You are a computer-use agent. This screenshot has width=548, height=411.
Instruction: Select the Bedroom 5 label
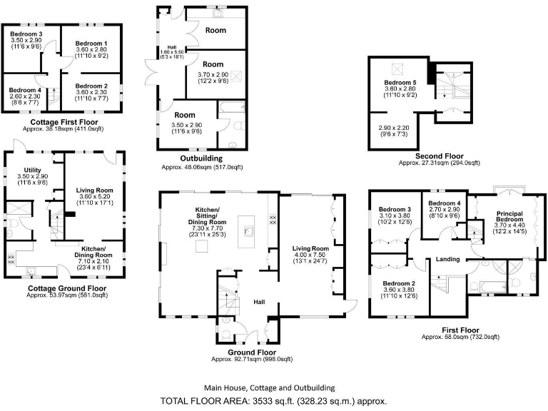coord(400,83)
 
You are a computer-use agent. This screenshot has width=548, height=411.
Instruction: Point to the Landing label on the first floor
coord(447,259)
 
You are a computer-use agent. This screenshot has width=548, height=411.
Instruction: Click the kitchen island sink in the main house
coord(249,230)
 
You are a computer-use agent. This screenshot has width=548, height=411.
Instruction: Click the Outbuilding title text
coord(202,158)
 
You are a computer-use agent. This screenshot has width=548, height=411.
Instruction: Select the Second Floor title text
coord(439,156)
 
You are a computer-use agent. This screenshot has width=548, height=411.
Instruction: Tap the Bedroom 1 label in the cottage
coord(92,44)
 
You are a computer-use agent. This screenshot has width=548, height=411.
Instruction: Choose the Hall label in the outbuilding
coord(163,47)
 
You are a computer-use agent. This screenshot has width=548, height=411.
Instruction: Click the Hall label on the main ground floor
coord(260,303)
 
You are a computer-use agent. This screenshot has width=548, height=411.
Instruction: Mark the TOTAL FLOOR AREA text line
coord(274,400)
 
